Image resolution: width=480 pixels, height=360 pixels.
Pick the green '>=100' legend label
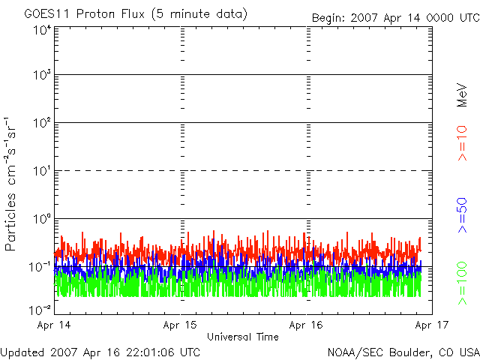tap(462, 282)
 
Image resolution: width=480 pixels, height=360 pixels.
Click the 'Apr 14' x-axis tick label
tap(54, 325)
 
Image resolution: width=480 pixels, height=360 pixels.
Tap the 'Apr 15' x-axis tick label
tap(180, 325)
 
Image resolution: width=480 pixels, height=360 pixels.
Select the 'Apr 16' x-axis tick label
tap(306, 325)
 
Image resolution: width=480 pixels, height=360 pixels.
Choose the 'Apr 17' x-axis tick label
tap(431, 325)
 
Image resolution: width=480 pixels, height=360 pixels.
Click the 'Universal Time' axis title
tap(242, 337)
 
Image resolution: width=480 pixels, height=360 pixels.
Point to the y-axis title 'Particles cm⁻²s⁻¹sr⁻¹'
tap(13, 182)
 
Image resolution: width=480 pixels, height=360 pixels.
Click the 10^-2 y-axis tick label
tap(40, 308)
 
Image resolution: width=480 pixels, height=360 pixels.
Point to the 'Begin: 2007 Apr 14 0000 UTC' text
tap(394, 17)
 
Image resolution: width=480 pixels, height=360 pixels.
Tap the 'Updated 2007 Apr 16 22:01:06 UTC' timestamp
tap(100, 352)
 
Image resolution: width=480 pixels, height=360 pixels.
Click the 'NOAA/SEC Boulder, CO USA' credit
tap(403, 352)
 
